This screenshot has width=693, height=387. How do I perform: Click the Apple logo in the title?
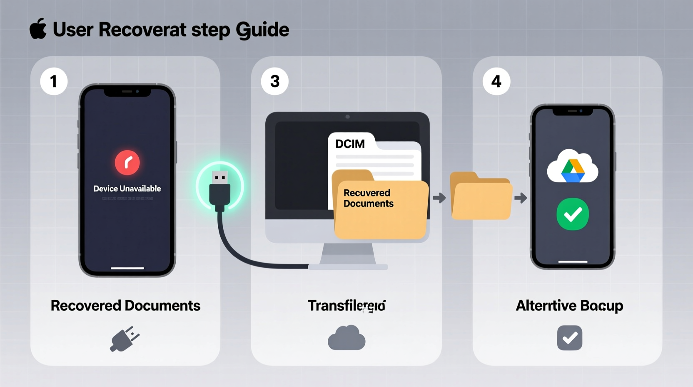coord(38,29)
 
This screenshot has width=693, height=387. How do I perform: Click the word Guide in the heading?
coord(262,30)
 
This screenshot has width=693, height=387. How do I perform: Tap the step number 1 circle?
coord(54,81)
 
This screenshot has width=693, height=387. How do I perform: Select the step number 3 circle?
coord(275,81)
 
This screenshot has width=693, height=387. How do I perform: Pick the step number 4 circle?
coord(496,81)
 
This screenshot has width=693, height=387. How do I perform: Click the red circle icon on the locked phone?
coord(127,163)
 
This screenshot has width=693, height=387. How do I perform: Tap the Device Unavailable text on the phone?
coord(127,188)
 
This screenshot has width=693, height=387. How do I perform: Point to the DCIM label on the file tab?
coord(350,144)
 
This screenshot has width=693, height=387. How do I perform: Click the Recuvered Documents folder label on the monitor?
coord(368,198)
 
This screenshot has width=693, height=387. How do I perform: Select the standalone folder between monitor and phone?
coord(481,197)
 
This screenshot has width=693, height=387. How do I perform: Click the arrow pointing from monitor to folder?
coord(439,198)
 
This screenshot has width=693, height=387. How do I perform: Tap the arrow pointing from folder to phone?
coord(521,198)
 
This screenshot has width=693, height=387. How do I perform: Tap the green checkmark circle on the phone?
coord(573,214)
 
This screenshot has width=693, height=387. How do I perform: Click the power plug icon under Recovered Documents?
coord(125,339)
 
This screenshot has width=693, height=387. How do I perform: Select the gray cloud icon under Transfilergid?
coord(346,338)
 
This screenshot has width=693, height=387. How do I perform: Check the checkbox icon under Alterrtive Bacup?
coord(569,338)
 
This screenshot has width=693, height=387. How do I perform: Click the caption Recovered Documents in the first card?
coord(125,306)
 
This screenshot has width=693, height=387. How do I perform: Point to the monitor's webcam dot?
coord(348,117)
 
